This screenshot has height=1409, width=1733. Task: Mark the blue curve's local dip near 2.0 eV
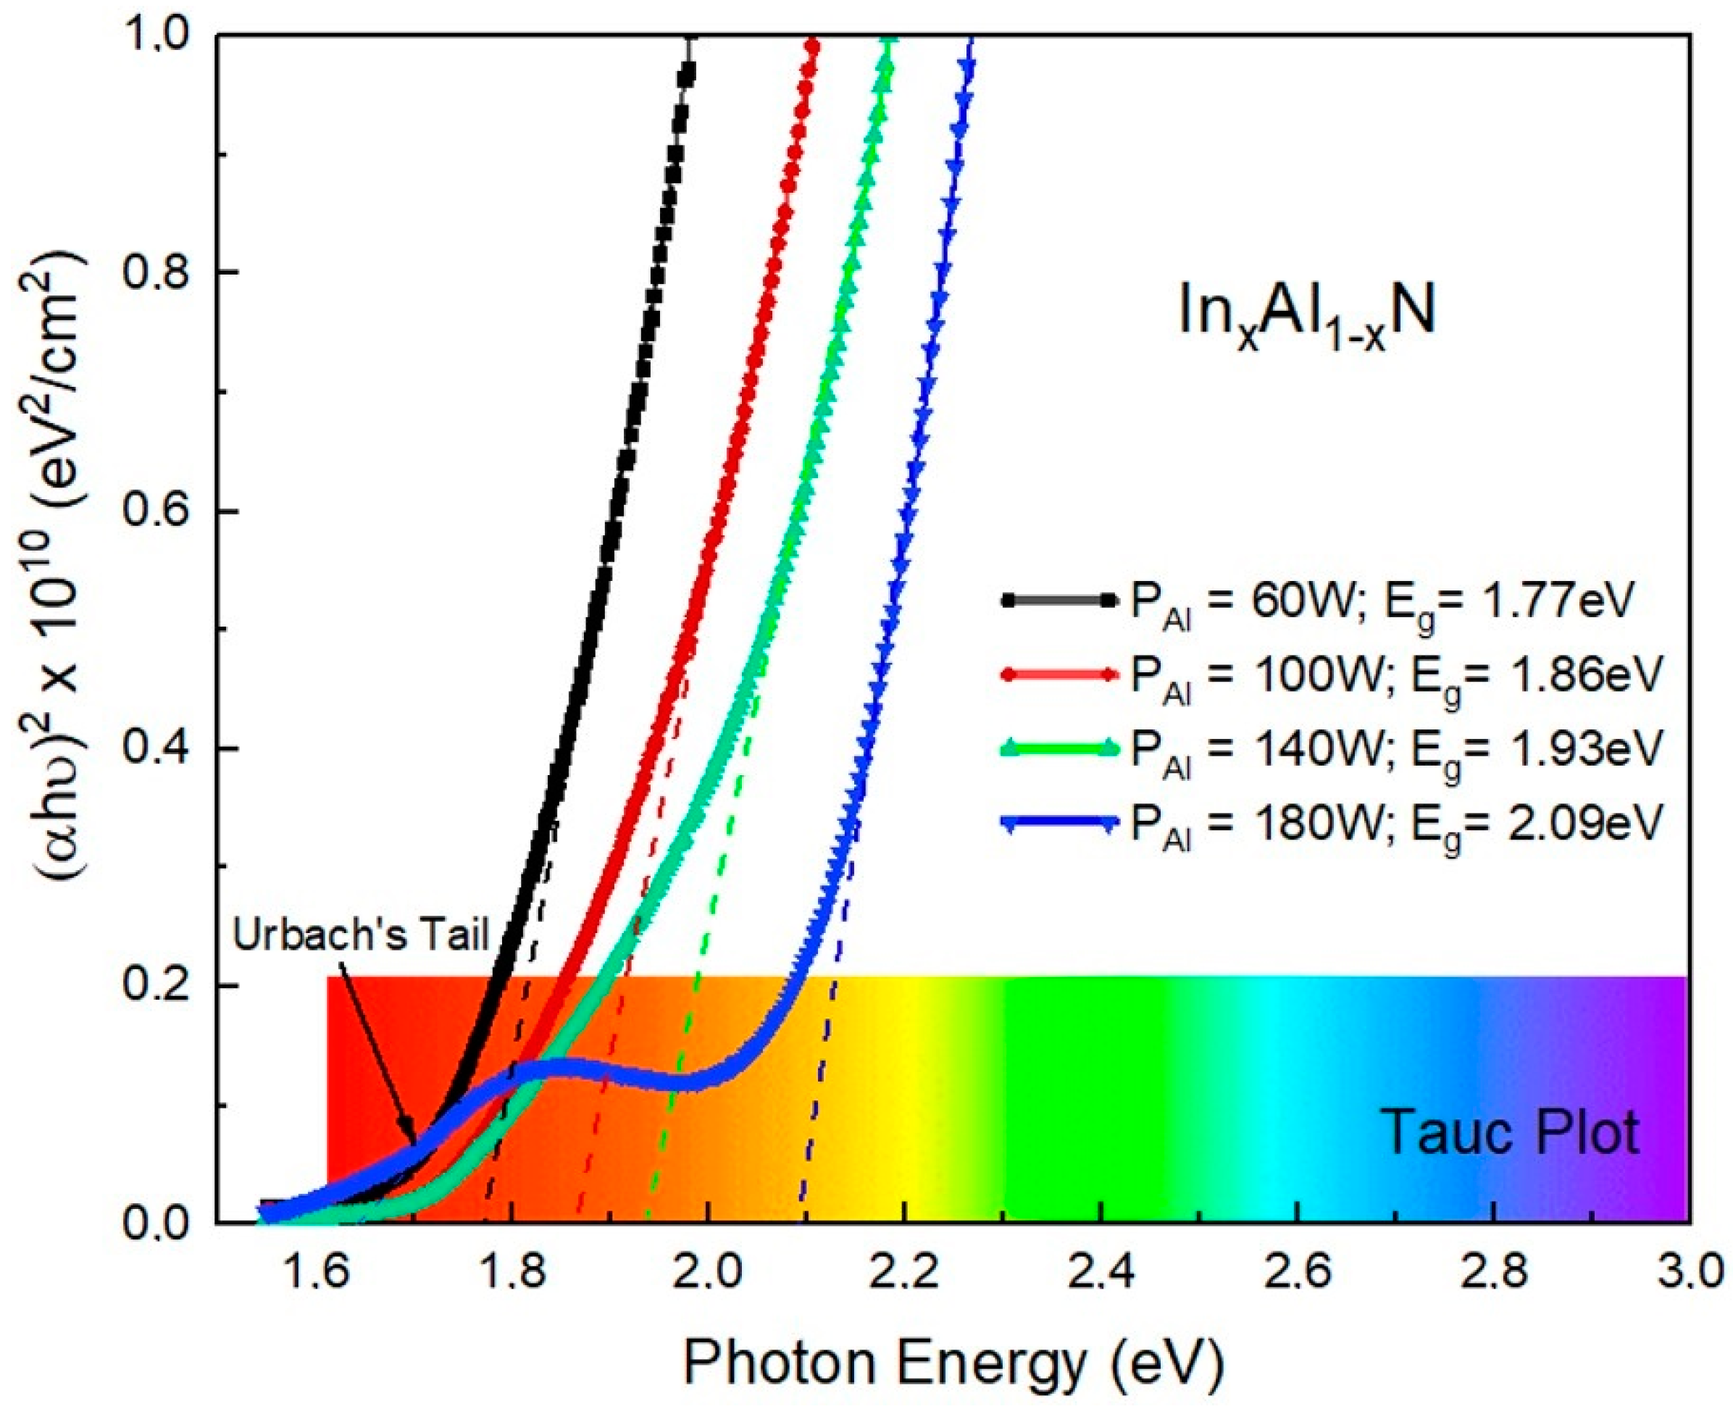690,1084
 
